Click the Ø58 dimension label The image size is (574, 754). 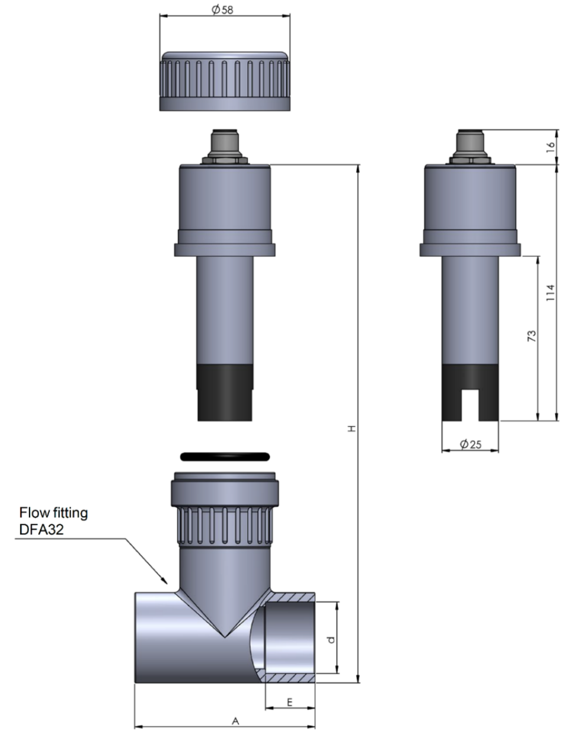point(223,9)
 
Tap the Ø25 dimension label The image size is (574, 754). point(470,444)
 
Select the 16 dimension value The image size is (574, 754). point(550,147)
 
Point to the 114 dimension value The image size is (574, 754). point(550,293)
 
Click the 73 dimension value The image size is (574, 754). point(531,335)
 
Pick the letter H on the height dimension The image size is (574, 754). point(351,428)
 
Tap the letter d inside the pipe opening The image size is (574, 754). point(331,639)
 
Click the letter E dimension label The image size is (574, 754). point(290,702)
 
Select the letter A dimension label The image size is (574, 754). point(236,721)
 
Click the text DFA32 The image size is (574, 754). point(42,529)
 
